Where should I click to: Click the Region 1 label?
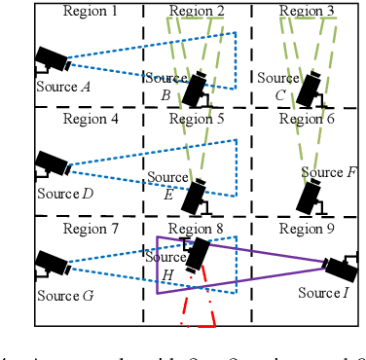click(x=90, y=12)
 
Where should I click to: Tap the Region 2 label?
click(x=196, y=12)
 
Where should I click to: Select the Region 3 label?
click(x=307, y=12)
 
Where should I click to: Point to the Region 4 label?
click(x=90, y=120)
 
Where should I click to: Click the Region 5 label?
click(x=196, y=120)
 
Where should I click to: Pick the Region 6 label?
click(x=307, y=120)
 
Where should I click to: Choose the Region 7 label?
click(x=90, y=230)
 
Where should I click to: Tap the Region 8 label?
click(x=196, y=230)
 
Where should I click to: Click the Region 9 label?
click(x=307, y=230)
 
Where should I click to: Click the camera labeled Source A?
click(x=51, y=60)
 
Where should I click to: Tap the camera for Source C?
click(x=311, y=90)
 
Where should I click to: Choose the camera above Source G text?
click(x=51, y=263)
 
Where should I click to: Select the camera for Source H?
click(x=198, y=254)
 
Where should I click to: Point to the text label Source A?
click(x=64, y=87)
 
